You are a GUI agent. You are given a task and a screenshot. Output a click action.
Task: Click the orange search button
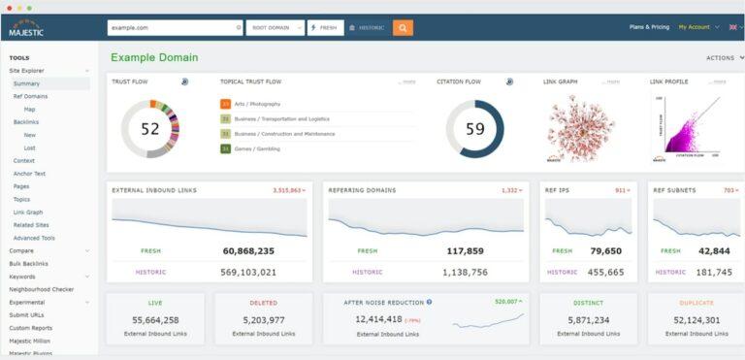click(403, 27)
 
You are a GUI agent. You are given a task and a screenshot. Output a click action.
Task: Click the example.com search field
click(170, 27)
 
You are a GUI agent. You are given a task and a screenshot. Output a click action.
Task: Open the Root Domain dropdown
click(275, 27)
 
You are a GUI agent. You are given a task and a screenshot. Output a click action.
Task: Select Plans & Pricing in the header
click(649, 27)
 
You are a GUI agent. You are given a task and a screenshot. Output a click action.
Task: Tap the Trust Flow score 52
click(150, 128)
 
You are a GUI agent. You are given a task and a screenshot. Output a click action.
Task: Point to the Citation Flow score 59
click(474, 128)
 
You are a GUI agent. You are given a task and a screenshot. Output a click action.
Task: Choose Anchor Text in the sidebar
click(29, 174)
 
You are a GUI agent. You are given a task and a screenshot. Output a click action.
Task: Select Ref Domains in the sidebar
click(31, 96)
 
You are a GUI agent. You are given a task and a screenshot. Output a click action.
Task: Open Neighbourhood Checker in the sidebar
click(42, 289)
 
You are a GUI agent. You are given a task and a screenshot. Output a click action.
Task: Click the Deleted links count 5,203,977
click(263, 319)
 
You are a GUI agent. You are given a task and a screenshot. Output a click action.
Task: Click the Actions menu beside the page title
click(724, 58)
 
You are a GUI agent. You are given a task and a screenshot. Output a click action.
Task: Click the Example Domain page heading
click(154, 58)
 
